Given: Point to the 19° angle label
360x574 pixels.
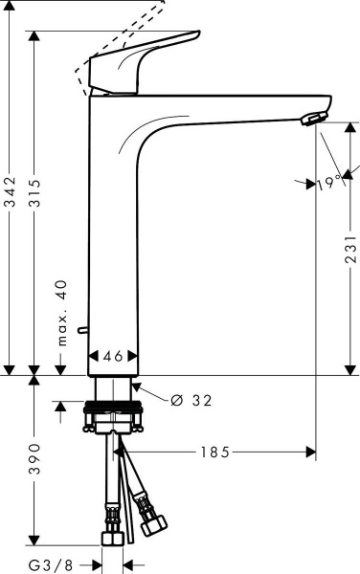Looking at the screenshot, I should coord(329,182).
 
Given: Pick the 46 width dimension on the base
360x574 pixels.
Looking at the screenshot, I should coord(113,356).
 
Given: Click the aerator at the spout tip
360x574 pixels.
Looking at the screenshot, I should coord(312,118).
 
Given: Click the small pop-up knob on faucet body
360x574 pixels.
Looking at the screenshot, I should coord(84,330).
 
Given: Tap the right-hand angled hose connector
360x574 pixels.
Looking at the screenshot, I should coord(150,517).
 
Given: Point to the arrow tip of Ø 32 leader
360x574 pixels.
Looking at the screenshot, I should coord(132,385).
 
